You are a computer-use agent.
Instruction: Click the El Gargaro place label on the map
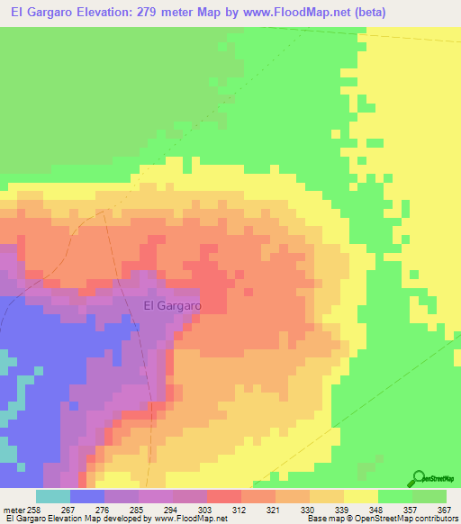[x=172, y=305]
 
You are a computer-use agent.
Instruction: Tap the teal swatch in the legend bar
[x=53, y=496]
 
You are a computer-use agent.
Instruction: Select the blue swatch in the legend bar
[x=87, y=496]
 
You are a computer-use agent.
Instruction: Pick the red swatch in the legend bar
[x=224, y=496]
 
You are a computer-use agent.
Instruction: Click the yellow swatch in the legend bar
[x=360, y=496]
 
